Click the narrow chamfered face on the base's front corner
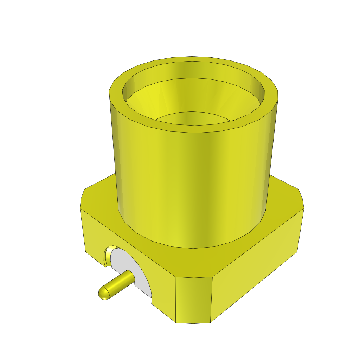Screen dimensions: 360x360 193,299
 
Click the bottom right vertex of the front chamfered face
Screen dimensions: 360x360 210,322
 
